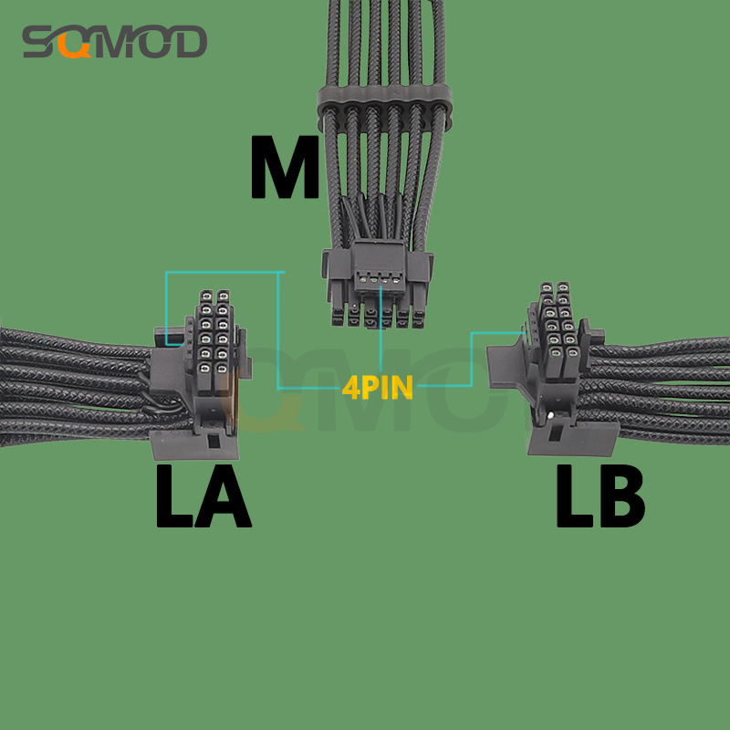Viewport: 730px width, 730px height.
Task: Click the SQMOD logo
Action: click(x=115, y=41)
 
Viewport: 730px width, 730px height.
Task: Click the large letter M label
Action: click(x=285, y=167)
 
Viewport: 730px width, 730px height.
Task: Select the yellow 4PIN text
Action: click(x=378, y=387)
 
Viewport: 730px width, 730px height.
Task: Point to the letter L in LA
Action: click(x=173, y=496)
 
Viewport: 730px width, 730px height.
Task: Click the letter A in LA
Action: click(x=223, y=496)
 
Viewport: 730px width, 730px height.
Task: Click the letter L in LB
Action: click(x=574, y=496)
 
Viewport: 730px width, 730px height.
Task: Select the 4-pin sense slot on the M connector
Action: click(x=380, y=280)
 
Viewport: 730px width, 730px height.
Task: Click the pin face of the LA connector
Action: click(x=214, y=339)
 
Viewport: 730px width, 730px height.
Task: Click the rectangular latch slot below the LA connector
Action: click(x=214, y=441)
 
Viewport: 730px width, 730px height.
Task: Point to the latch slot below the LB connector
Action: click(x=555, y=433)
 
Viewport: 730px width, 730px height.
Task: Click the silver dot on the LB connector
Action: click(x=551, y=415)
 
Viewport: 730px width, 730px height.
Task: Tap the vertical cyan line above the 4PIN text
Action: click(x=381, y=329)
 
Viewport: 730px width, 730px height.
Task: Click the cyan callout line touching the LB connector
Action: click(x=471, y=360)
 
